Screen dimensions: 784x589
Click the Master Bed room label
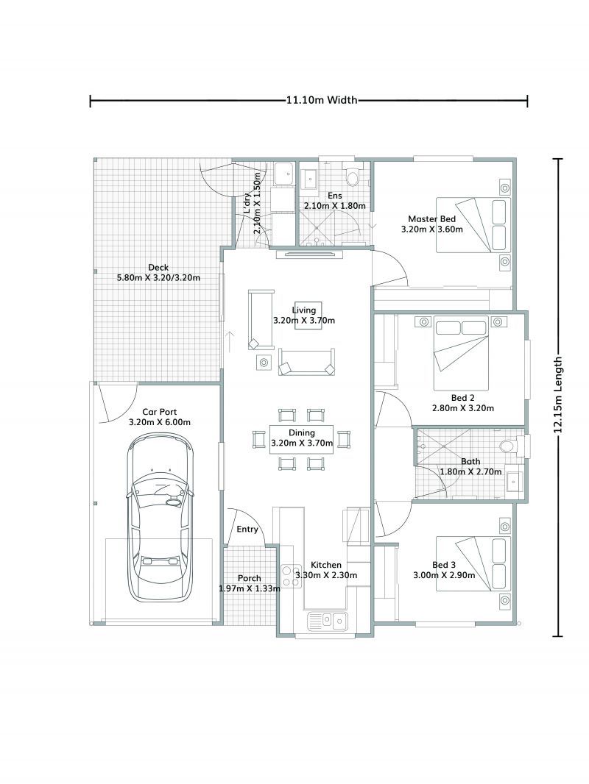pyautogui.click(x=432, y=219)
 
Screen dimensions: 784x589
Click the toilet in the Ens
pyautogui.click(x=353, y=177)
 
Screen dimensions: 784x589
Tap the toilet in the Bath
pyautogui.click(x=507, y=446)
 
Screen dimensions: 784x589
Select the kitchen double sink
pyautogui.click(x=328, y=621)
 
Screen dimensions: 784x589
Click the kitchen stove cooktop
pyautogui.click(x=288, y=574)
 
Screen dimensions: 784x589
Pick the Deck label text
pyautogui.click(x=158, y=267)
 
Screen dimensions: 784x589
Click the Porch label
pyautogui.click(x=249, y=579)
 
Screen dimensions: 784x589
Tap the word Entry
pyautogui.click(x=247, y=530)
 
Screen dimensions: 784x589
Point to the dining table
pyautogui.click(x=302, y=439)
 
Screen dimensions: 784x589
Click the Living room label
pyautogui.click(x=303, y=310)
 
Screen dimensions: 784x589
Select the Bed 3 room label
pyautogui.click(x=444, y=565)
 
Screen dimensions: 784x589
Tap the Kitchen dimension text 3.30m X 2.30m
pyautogui.click(x=325, y=575)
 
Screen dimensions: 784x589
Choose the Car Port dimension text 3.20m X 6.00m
pyautogui.click(x=159, y=422)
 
